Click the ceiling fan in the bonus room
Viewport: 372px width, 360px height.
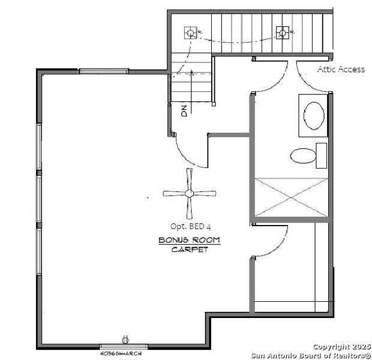coord(190,193)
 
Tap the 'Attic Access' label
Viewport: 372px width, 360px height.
coord(341,70)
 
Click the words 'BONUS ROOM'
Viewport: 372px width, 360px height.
coord(189,240)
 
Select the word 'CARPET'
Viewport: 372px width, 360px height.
coord(190,249)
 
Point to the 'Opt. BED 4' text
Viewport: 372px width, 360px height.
coord(190,226)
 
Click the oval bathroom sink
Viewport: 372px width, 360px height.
coord(314,115)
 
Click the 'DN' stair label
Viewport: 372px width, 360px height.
coord(184,110)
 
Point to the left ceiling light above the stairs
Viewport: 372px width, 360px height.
coord(190,32)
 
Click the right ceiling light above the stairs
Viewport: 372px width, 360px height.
coord(281,32)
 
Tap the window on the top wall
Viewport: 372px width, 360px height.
coord(104,71)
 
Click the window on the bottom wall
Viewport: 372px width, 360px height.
coord(123,346)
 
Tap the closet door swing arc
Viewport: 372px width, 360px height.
coord(273,243)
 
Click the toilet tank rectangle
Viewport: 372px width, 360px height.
coord(322,155)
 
